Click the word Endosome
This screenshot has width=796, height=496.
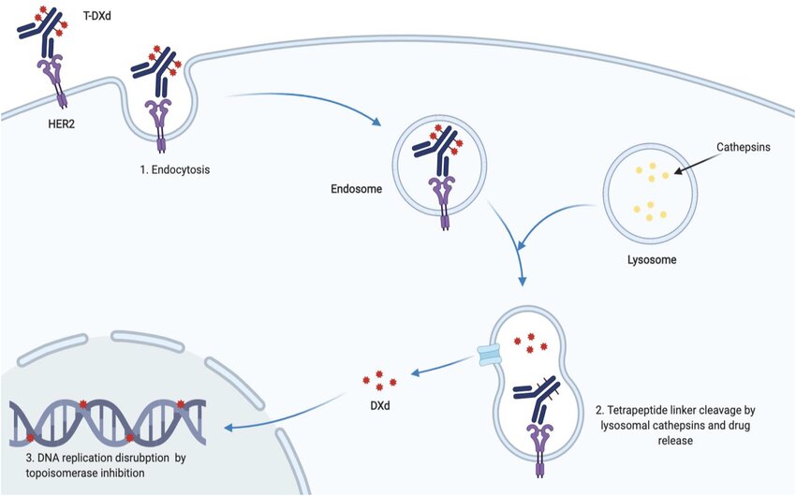pyautogui.click(x=355, y=187)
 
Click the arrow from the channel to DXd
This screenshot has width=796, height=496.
pyautogui.click(x=440, y=368)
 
